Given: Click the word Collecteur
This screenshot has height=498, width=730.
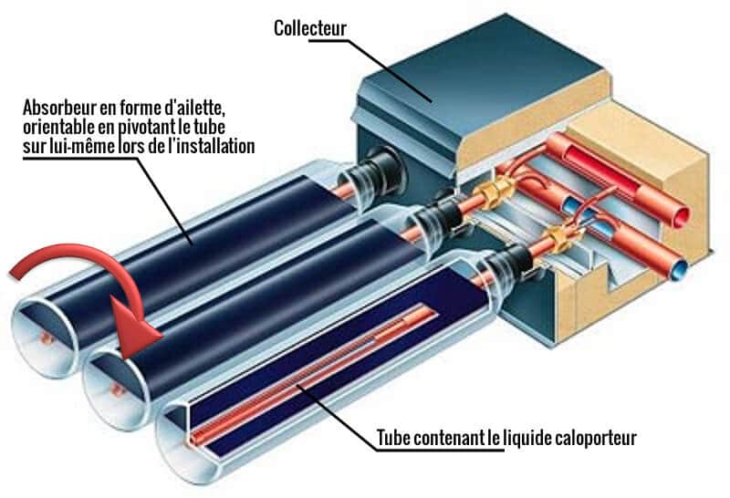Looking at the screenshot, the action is pyautogui.click(x=310, y=28).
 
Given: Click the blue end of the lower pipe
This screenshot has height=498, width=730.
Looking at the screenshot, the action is pyautogui.click(x=680, y=270).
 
